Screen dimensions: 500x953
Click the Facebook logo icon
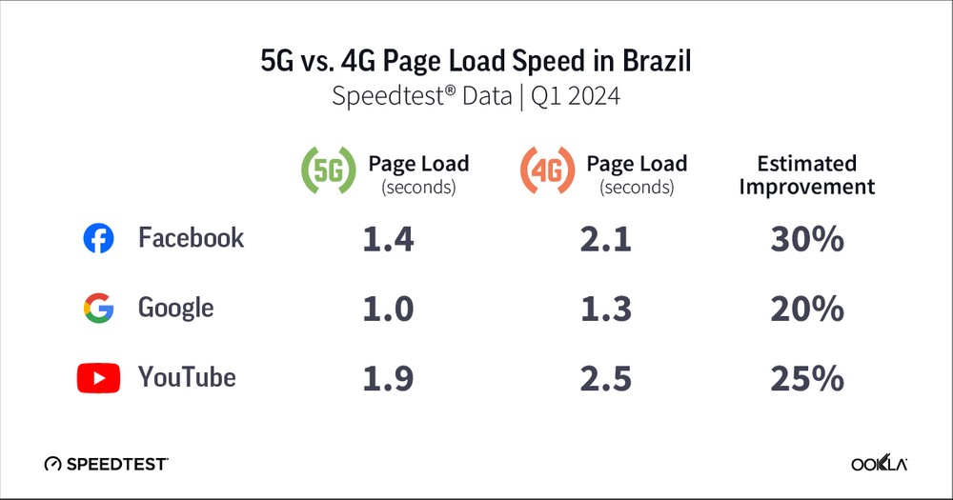coord(98,239)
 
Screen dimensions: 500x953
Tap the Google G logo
coord(98,309)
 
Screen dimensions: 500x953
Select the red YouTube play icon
coord(98,378)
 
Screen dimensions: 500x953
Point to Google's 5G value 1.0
coord(388,310)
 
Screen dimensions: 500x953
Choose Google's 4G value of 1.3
coord(605,310)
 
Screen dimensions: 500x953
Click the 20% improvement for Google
coord(807,310)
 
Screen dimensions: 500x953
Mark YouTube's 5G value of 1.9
coord(388,379)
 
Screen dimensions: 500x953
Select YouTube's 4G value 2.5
coord(605,379)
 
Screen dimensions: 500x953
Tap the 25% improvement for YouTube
coord(807,379)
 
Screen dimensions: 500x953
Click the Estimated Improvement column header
coord(807,174)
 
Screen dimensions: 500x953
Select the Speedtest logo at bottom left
coord(106,464)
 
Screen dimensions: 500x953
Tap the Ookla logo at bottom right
coord(879,464)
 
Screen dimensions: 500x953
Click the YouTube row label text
coord(187,378)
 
